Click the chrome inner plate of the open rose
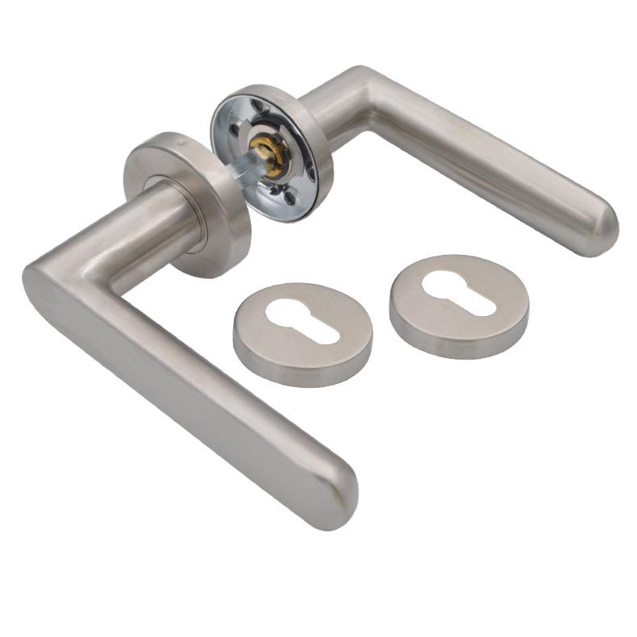242,137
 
